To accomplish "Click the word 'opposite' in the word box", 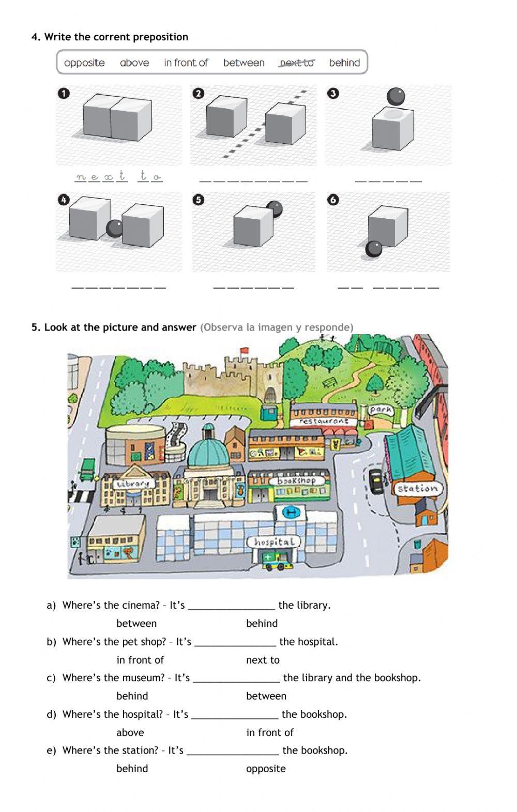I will click(x=84, y=63).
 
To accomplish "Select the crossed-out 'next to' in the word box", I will click(x=297, y=63).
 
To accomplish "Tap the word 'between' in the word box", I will click(x=244, y=63).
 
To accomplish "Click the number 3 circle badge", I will click(x=333, y=94).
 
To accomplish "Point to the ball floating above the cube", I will click(x=396, y=96).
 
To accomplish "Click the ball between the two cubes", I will click(x=115, y=228).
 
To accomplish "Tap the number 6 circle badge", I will click(x=333, y=200).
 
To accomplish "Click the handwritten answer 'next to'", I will click(x=118, y=176).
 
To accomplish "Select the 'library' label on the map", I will click(x=133, y=484).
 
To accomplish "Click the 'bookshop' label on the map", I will click(x=297, y=480).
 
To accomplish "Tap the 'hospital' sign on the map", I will click(x=274, y=542).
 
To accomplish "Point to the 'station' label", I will click(x=417, y=488).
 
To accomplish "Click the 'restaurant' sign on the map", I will click(x=323, y=422).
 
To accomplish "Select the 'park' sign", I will click(x=381, y=410).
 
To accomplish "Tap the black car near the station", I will click(x=375, y=480).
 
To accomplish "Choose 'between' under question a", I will click(x=136, y=623).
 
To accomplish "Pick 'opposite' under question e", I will click(x=266, y=769).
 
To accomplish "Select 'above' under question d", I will click(x=130, y=732).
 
